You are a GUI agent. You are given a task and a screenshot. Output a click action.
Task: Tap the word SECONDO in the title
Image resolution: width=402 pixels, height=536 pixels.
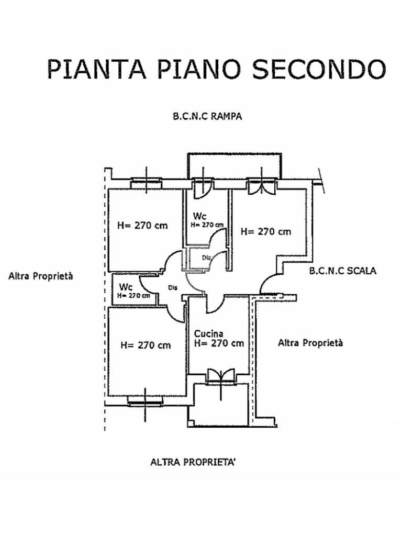[x=319, y=70]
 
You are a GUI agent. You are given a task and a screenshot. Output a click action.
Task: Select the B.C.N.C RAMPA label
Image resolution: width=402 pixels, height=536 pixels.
[x=207, y=117]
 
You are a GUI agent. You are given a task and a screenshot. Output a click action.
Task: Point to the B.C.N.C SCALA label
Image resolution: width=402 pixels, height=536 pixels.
[x=342, y=271]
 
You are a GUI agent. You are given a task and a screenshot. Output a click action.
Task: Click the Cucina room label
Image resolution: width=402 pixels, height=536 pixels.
[x=209, y=333]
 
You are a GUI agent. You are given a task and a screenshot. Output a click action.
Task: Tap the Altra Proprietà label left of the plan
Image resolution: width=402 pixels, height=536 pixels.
[x=41, y=276]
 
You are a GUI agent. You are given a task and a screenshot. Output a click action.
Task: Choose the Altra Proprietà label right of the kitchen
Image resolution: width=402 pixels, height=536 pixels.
[x=310, y=343]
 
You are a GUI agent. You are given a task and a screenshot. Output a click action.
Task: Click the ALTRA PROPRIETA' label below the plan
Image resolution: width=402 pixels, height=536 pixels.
[x=194, y=462]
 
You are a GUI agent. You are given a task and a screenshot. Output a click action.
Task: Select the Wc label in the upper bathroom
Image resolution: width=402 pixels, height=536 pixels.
[x=199, y=216]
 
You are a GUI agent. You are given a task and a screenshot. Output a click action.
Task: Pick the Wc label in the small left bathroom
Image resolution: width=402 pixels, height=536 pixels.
[x=125, y=287]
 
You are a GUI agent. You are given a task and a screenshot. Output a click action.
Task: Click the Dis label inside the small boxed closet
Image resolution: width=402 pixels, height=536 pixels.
[x=206, y=257]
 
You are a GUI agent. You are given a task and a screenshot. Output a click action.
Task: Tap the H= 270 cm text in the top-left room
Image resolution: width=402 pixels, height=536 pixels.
[x=143, y=226]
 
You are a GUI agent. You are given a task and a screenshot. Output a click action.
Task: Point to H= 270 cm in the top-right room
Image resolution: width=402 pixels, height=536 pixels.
[x=266, y=231]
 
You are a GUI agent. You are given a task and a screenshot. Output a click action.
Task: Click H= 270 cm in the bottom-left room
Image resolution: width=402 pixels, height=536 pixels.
[x=146, y=345]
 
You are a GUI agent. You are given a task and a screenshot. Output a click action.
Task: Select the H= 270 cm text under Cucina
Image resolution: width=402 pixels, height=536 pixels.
[x=219, y=343]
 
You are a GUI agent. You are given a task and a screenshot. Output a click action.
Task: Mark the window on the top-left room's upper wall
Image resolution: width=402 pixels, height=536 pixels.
[x=146, y=183]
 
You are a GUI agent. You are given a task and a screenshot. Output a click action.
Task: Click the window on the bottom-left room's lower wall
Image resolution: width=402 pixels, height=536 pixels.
[x=145, y=401]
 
